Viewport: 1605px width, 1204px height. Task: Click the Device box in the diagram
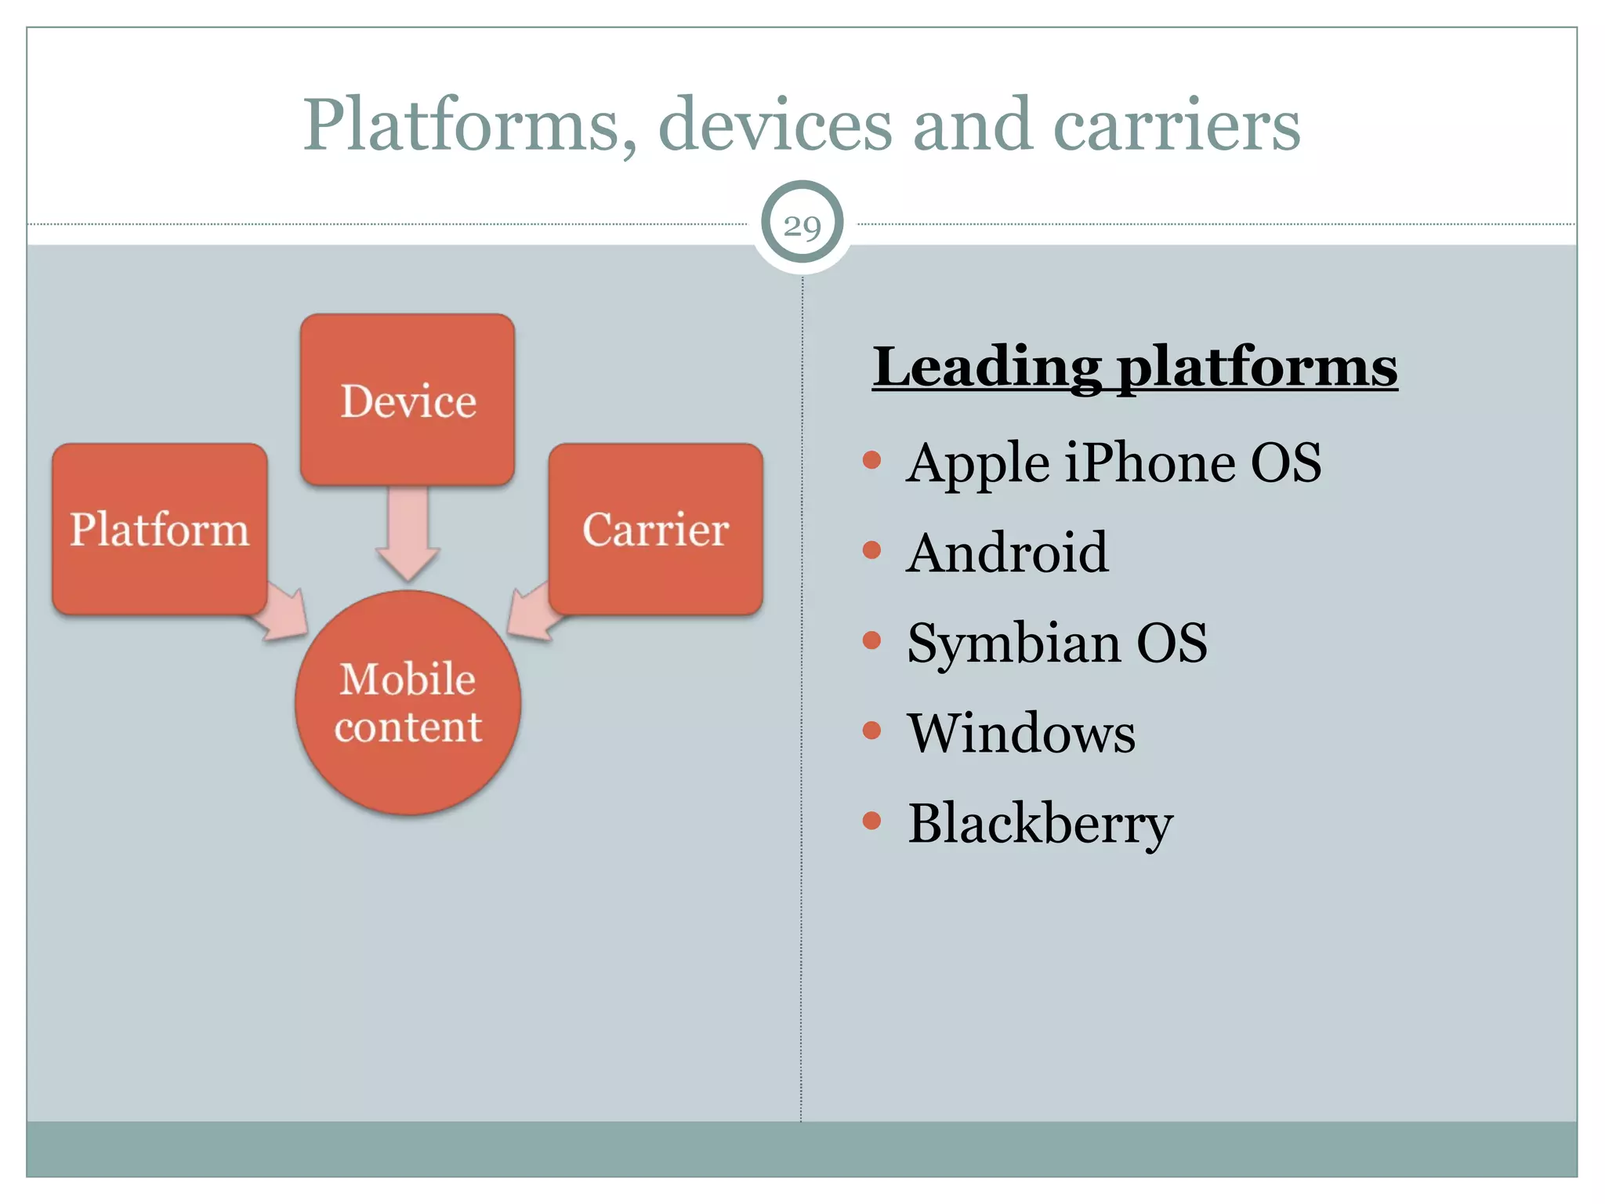pyautogui.click(x=408, y=400)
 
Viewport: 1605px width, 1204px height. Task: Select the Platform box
pyautogui.click(x=160, y=529)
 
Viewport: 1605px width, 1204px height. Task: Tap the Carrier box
pyautogui.click(x=655, y=529)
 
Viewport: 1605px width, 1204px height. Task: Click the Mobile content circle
pyautogui.click(x=408, y=702)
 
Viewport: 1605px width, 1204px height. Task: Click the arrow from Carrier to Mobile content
pyautogui.click(x=533, y=615)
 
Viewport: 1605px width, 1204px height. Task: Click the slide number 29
pyautogui.click(x=802, y=226)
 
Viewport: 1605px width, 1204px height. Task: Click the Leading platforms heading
pyautogui.click(x=1134, y=366)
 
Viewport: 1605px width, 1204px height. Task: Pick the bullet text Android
pyautogui.click(x=1007, y=553)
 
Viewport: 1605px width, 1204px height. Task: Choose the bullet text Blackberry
pyautogui.click(x=1040, y=824)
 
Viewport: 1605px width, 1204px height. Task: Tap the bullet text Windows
pyautogui.click(x=1021, y=734)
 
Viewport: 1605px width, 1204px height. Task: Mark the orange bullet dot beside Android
pyautogui.click(x=871, y=550)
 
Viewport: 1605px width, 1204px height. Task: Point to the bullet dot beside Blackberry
pyautogui.click(x=871, y=821)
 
